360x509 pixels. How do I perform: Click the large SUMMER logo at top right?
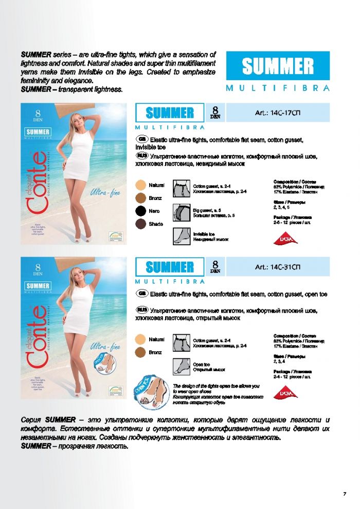tap(278, 66)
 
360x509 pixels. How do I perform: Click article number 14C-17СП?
tap(278, 112)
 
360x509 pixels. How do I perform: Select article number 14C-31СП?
tap(278, 267)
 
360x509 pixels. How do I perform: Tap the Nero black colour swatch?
tap(140, 211)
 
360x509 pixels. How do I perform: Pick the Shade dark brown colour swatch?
tap(140, 224)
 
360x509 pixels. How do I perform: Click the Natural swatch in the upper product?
tap(140, 185)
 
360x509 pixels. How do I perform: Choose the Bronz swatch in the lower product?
tap(140, 352)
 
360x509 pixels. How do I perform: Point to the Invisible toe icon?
tap(182, 235)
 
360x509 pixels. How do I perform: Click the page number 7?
tap(344, 494)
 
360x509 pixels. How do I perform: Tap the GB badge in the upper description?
tap(142, 139)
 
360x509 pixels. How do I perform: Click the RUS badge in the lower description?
tap(142, 310)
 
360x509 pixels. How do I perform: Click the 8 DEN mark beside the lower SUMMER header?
tap(215, 266)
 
